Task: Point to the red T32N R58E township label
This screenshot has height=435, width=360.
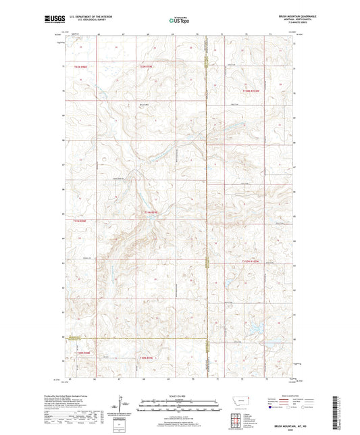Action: (80, 67)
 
